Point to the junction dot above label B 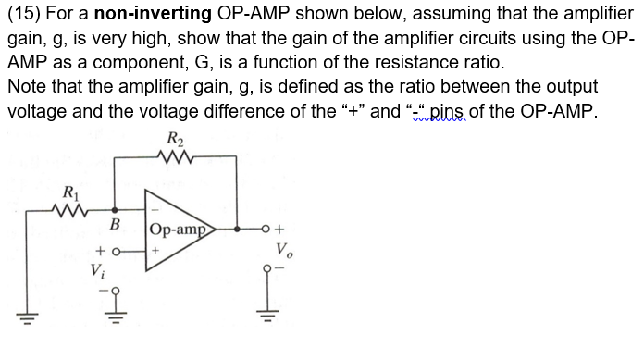click(x=115, y=211)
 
